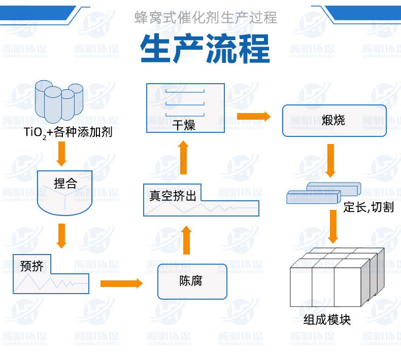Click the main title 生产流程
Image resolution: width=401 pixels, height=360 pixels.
[205, 49]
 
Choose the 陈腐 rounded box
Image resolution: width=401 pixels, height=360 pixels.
[191, 281]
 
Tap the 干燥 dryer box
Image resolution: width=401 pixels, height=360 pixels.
[185, 108]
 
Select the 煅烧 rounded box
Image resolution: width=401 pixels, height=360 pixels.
[334, 121]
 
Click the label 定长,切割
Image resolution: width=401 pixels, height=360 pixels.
[368, 207]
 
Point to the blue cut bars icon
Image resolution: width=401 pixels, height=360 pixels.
[322, 193]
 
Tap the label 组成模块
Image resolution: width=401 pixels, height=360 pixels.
[327, 320]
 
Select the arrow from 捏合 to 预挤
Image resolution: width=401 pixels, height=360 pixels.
[61, 235]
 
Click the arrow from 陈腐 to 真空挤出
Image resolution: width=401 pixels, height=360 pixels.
[186, 240]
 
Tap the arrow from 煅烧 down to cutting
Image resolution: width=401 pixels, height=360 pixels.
[330, 160]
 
